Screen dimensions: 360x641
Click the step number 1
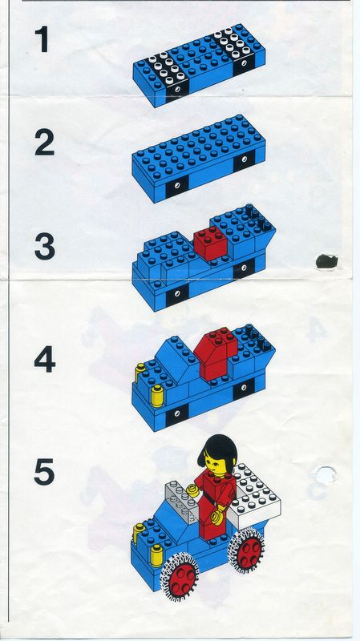42,39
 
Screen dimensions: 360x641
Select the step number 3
45,247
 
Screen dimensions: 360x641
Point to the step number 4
45,360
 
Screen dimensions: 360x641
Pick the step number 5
45,472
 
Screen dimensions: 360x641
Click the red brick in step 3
210,243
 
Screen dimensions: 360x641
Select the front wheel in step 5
179,576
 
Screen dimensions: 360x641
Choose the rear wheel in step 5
246,549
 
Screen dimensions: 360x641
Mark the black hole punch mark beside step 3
327,262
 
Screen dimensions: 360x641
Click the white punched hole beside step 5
325,476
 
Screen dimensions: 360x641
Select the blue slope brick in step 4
176,360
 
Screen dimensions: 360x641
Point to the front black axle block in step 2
177,186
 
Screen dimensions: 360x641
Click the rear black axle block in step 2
244,160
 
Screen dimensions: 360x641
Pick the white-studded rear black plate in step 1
235,49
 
